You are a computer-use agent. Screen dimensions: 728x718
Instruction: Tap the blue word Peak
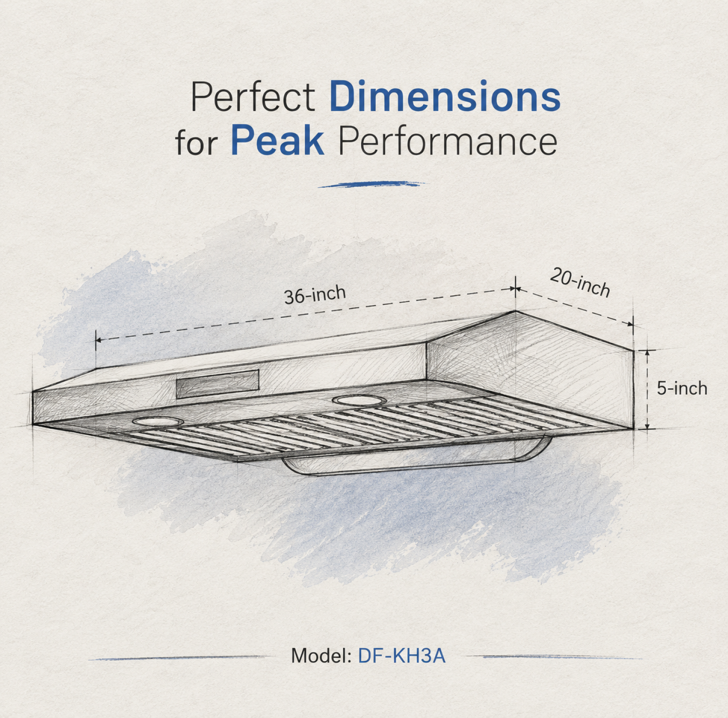coord(277,141)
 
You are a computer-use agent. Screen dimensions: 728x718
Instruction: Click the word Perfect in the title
coord(252,97)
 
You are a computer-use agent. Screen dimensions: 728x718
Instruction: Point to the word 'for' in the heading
coord(197,142)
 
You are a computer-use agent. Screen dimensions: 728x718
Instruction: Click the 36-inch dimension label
coord(315,294)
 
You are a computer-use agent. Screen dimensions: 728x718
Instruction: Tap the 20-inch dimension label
coord(580,282)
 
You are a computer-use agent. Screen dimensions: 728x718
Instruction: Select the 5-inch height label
coord(682,388)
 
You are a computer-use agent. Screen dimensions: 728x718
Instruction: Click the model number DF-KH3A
coord(401,655)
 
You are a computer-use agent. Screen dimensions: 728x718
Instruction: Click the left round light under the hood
coord(158,421)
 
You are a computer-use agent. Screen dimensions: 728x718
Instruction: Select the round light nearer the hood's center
coord(359,400)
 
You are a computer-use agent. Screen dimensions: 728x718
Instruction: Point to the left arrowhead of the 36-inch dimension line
coord(98,340)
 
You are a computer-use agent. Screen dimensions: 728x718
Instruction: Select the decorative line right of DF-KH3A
coord(553,657)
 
